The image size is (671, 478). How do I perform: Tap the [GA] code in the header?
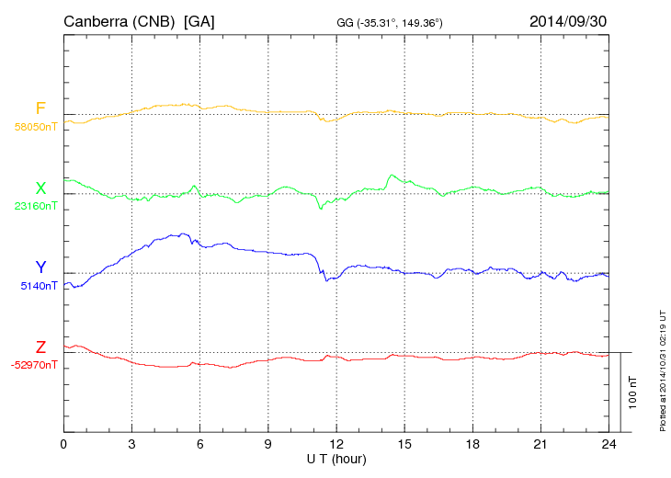pyautogui.click(x=199, y=20)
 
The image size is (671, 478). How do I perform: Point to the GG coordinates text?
pyautogui.click(x=391, y=22)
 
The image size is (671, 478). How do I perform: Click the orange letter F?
pyautogui.click(x=40, y=109)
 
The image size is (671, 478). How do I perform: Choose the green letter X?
pyautogui.click(x=40, y=188)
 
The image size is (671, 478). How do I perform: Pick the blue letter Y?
pyautogui.click(x=40, y=267)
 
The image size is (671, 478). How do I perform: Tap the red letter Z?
pyautogui.click(x=40, y=347)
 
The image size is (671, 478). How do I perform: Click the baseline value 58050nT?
pyautogui.click(x=36, y=128)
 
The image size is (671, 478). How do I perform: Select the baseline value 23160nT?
pyautogui.click(x=36, y=207)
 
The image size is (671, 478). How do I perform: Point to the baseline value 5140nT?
pyautogui.click(x=39, y=286)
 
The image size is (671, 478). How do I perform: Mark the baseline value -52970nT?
pyautogui.click(x=34, y=365)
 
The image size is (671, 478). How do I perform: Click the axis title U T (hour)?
pyautogui.click(x=336, y=459)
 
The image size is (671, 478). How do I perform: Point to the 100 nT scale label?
pyautogui.click(x=633, y=392)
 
